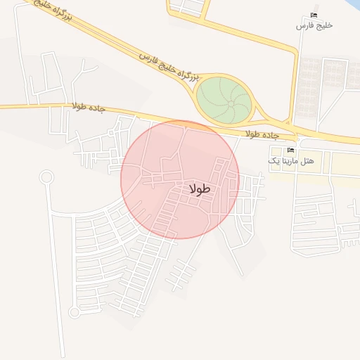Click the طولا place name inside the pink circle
click(x=200, y=189)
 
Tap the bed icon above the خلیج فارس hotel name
click(x=314, y=15)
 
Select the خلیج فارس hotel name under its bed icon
click(x=314, y=25)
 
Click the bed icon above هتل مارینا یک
click(x=290, y=150)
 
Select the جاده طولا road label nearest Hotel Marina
click(x=262, y=134)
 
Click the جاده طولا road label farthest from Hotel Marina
click(x=88, y=107)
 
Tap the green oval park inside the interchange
click(x=224, y=99)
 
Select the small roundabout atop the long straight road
click(x=46, y=176)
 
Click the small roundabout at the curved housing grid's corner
click(x=73, y=312)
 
